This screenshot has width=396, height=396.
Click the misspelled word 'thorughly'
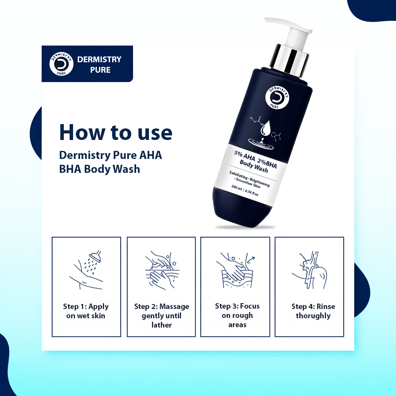(313, 316)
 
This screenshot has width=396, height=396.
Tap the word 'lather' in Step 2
(162, 325)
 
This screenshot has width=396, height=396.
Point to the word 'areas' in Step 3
(237, 325)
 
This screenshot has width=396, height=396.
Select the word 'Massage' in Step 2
(174, 307)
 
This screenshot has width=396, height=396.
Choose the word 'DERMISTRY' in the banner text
(99, 60)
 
